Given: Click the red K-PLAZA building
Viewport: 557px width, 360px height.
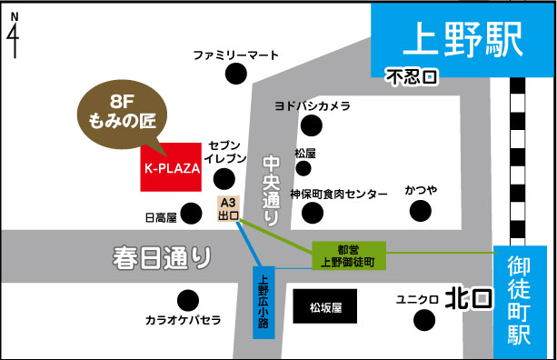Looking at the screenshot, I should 171,166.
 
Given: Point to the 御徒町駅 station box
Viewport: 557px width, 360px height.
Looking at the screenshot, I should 524,301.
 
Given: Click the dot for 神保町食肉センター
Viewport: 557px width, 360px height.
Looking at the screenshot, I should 313,213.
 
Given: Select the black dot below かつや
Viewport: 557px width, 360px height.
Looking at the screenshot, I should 421,211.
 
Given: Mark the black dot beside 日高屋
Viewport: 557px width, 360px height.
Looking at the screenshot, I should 191,214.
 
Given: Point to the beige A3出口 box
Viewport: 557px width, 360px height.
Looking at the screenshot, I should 228,208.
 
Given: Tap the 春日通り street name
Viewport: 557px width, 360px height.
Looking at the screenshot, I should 163,256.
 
